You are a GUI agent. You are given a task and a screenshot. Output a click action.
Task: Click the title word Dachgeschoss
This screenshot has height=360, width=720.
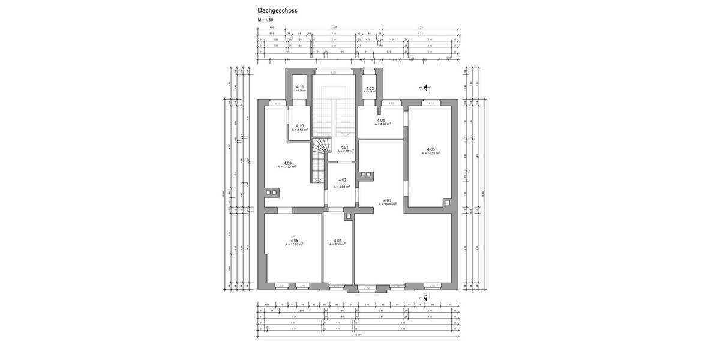(278, 11)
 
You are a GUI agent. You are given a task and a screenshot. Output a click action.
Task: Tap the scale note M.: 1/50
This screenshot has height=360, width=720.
(266, 20)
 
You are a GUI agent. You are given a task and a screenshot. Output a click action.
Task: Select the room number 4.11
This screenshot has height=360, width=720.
(300, 87)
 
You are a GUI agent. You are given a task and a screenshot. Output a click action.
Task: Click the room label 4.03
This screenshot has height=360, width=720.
(370, 88)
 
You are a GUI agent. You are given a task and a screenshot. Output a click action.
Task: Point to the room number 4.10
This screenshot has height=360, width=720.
(300, 126)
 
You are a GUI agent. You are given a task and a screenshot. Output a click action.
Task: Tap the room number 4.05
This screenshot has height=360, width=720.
(431, 149)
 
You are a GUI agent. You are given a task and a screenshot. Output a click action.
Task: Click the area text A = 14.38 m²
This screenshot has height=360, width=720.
(431, 154)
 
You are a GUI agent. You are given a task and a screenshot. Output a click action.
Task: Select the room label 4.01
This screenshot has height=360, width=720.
(344, 148)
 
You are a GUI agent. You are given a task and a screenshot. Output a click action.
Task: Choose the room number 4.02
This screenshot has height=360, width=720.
(342, 180)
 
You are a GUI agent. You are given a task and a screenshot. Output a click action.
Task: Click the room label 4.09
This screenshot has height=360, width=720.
(287, 163)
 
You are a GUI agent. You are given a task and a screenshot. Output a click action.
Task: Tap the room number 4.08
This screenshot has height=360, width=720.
(294, 240)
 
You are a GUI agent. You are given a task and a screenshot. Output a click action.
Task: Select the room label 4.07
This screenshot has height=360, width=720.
(337, 241)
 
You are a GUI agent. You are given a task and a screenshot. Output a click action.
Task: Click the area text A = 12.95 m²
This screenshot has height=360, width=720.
(294, 245)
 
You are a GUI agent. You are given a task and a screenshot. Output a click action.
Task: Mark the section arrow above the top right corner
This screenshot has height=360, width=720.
(425, 88)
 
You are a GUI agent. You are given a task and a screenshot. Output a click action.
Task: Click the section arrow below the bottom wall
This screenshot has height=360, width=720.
(425, 297)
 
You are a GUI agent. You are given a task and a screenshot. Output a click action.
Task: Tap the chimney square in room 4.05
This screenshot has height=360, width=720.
(447, 203)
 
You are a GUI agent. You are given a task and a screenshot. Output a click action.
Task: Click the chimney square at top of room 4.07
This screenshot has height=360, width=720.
(349, 215)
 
